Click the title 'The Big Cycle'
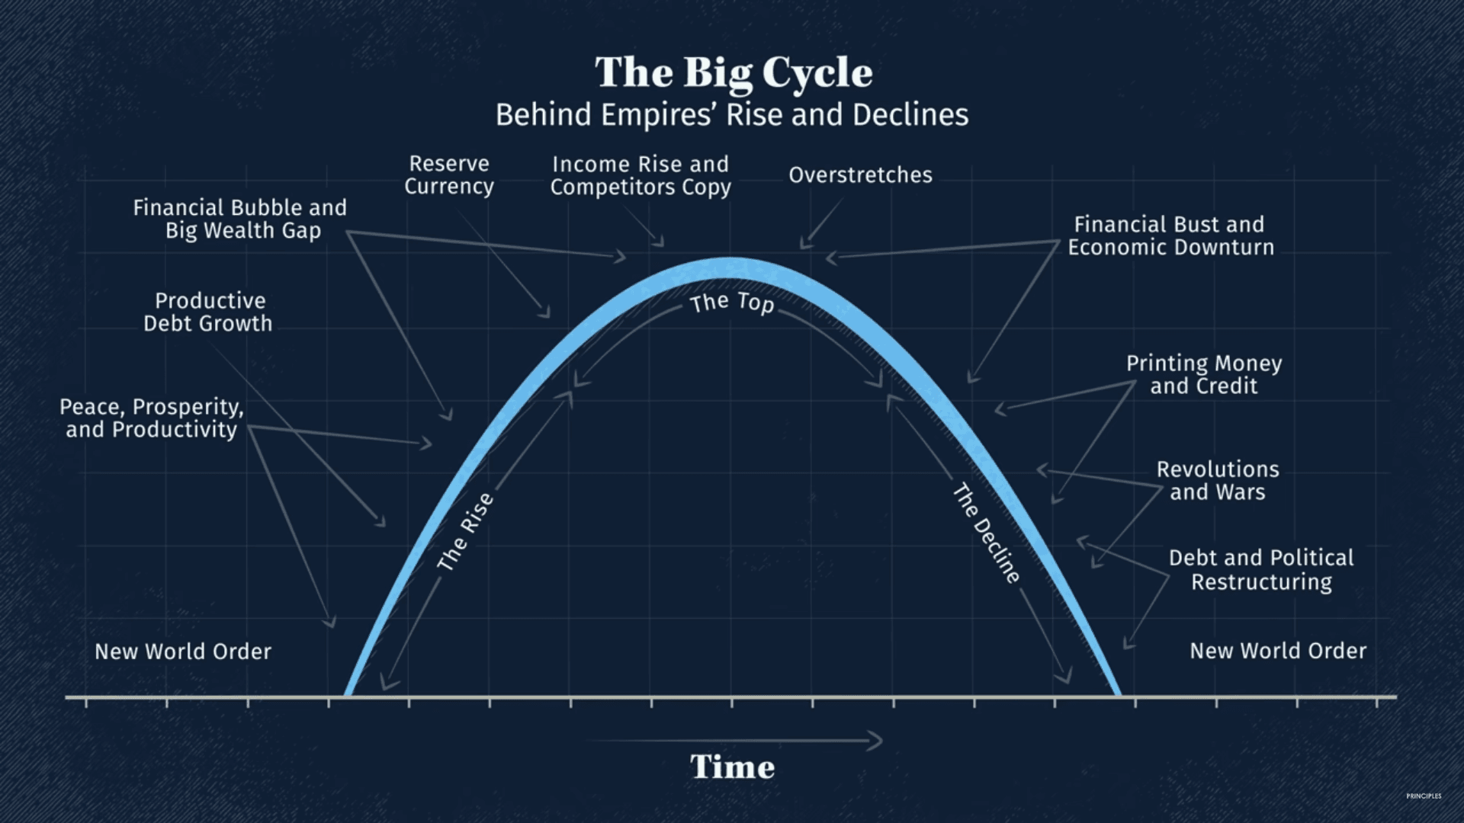(734, 73)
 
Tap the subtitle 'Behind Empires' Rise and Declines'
(732, 115)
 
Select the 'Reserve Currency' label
(449, 175)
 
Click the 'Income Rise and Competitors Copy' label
(640, 175)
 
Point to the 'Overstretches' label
(860, 175)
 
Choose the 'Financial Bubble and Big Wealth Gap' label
(240, 219)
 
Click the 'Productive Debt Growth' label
(208, 312)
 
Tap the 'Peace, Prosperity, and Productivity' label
(152, 418)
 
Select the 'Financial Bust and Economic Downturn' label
(1170, 235)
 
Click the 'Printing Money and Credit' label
(1204, 374)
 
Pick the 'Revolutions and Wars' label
(1218, 480)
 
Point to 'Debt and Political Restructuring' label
(1261, 569)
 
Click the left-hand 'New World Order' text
(183, 652)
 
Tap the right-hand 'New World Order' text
(1278, 651)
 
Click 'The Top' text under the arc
(732, 303)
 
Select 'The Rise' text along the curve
(466, 532)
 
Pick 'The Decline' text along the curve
(986, 533)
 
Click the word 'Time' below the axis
(733, 767)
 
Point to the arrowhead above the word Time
(876, 740)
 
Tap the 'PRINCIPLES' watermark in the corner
(1424, 796)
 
